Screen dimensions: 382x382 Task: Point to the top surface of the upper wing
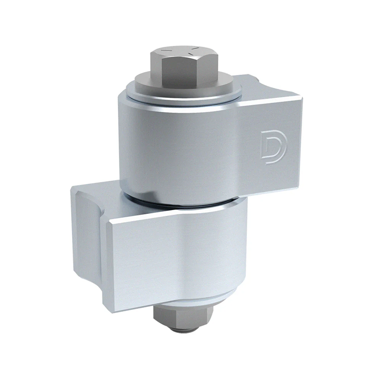tap(267, 88)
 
